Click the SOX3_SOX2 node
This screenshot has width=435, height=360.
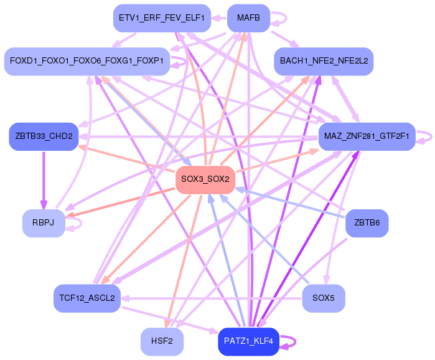point(205,179)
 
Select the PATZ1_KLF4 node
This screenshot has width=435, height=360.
point(248,341)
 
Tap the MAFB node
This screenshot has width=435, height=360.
point(248,18)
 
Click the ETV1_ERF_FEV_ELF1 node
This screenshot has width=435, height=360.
point(162,18)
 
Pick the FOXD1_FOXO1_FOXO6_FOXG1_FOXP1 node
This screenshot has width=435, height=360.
point(87,61)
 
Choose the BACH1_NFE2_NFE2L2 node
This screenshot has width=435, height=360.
point(324,61)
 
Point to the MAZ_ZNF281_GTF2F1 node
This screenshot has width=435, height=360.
point(367,136)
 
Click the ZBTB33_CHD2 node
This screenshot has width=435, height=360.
point(44,136)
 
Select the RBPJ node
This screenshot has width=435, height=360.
point(44,223)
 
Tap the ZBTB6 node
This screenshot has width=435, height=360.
point(367,223)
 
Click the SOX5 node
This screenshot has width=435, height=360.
point(324,298)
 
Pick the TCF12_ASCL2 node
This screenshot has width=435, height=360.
point(87,298)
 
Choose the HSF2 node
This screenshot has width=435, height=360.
point(162,341)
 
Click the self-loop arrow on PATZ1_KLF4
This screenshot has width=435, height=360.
point(295,342)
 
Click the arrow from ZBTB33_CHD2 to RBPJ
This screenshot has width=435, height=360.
point(44,180)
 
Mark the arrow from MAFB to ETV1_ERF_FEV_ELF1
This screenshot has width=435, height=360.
point(219,18)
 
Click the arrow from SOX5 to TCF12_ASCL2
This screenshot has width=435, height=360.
point(212,299)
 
